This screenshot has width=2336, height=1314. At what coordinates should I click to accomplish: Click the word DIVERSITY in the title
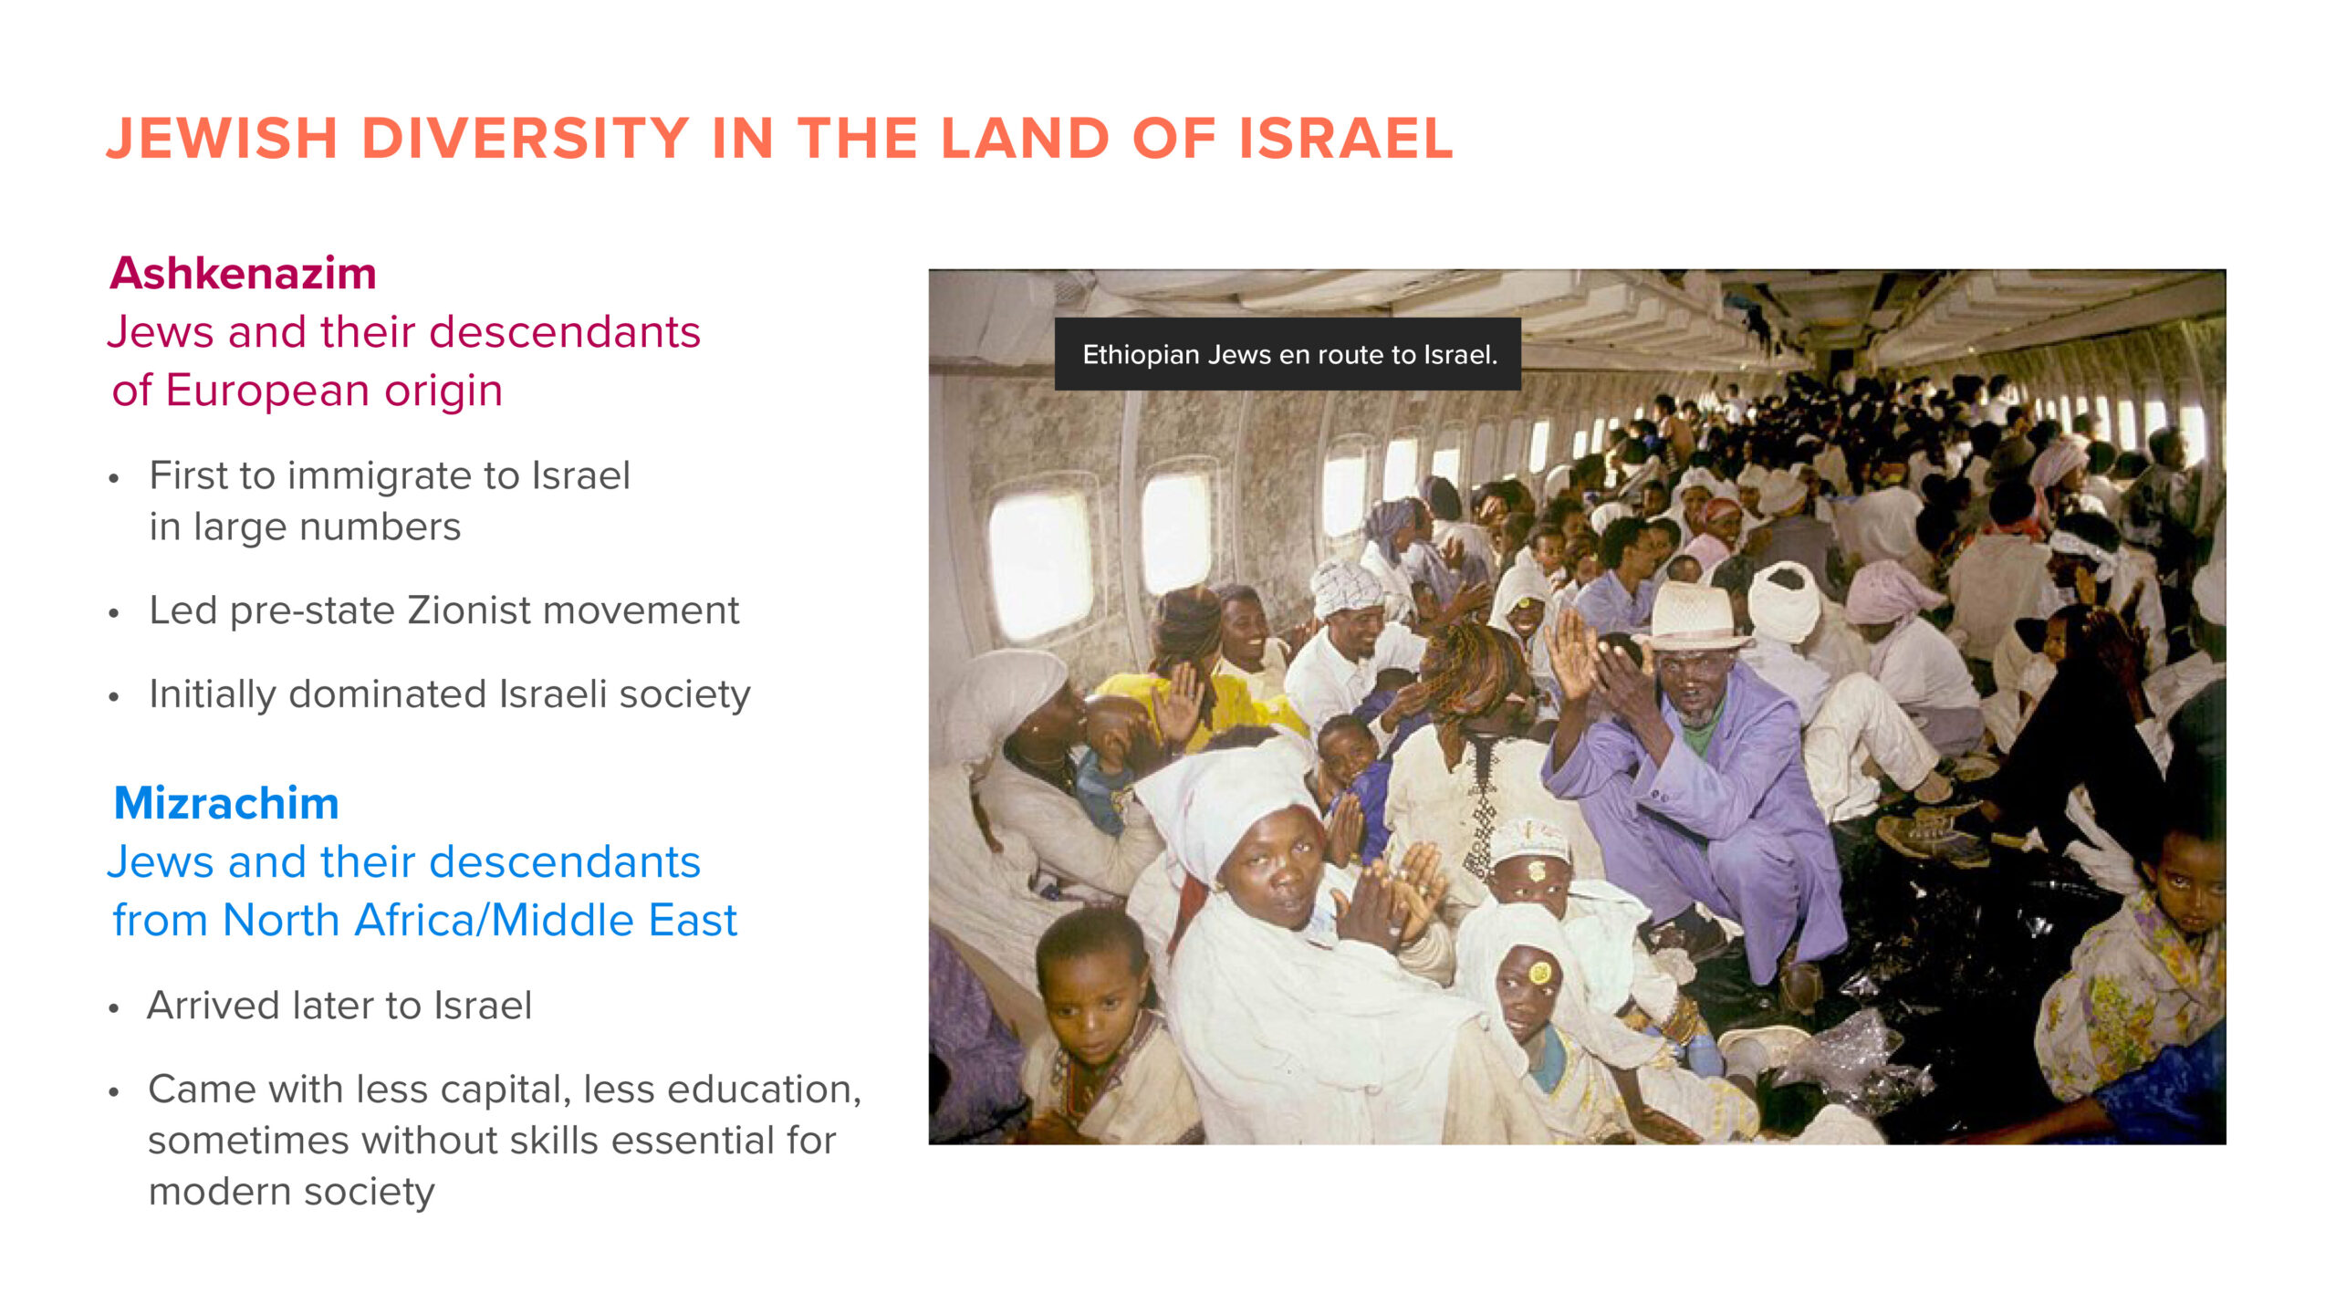(526, 139)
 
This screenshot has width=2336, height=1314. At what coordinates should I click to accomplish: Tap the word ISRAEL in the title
(1346, 139)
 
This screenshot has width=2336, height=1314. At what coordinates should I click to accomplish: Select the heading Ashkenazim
(243, 273)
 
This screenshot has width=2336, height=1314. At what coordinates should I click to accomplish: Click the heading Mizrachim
(226, 803)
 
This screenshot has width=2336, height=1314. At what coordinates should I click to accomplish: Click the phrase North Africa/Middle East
(480, 920)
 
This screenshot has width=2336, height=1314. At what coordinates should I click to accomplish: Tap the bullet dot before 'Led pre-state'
(114, 613)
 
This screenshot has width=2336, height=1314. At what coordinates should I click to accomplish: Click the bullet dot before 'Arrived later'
(114, 1008)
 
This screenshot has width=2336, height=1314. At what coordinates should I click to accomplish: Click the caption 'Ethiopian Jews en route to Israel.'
(1289, 355)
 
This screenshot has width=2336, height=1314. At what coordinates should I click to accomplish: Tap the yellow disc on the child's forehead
(1539, 973)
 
